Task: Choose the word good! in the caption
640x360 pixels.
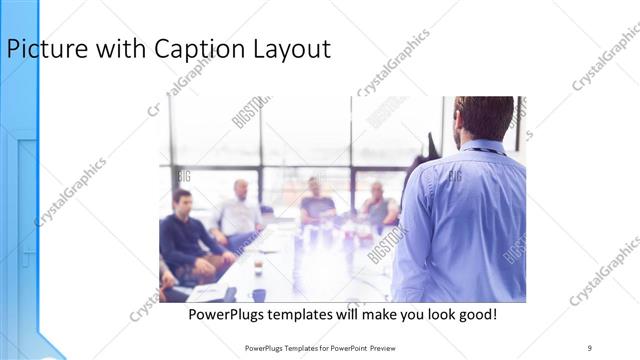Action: pos(475,315)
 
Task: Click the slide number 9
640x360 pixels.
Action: pos(590,347)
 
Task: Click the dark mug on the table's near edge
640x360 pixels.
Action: pos(259,294)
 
